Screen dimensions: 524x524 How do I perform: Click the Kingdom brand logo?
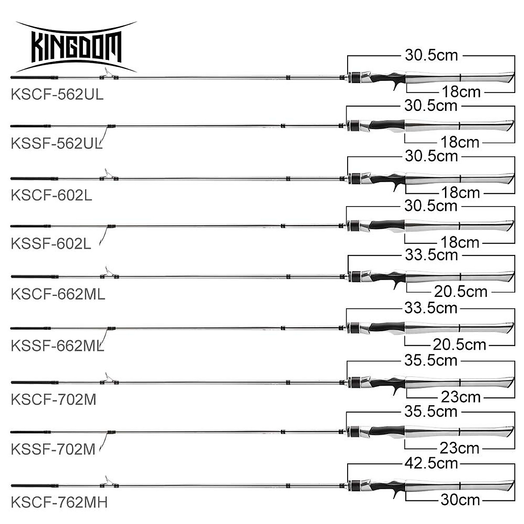pos(77,46)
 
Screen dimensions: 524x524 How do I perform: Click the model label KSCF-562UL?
pos(57,95)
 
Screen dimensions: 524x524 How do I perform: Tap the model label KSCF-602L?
pos(52,195)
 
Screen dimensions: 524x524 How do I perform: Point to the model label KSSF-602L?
pos(51,243)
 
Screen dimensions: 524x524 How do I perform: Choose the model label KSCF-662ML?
pos(58,294)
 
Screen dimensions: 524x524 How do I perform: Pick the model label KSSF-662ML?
pos(58,345)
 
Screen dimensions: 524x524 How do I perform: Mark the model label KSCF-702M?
pos(54,399)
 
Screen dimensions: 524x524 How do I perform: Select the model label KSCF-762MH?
pos(59,502)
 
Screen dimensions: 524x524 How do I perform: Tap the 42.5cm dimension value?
pos(431,463)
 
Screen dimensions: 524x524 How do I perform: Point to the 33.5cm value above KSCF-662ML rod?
pos(431,255)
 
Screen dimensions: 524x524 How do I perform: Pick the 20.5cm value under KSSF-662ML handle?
pos(460,345)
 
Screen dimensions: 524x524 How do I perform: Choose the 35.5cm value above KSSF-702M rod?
pos(431,412)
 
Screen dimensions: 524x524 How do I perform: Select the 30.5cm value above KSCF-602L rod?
pos(431,156)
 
